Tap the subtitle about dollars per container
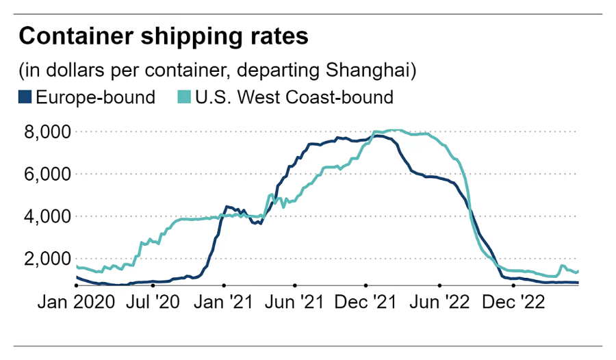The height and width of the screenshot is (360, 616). point(218,70)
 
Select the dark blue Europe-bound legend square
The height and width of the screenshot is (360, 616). point(25,97)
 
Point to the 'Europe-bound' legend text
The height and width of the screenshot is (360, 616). point(95,97)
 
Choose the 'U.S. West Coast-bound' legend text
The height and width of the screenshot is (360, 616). point(294,97)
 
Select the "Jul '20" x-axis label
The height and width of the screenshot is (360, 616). point(152,302)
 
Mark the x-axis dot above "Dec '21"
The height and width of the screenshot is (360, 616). point(366,285)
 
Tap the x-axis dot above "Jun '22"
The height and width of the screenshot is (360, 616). point(439,285)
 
